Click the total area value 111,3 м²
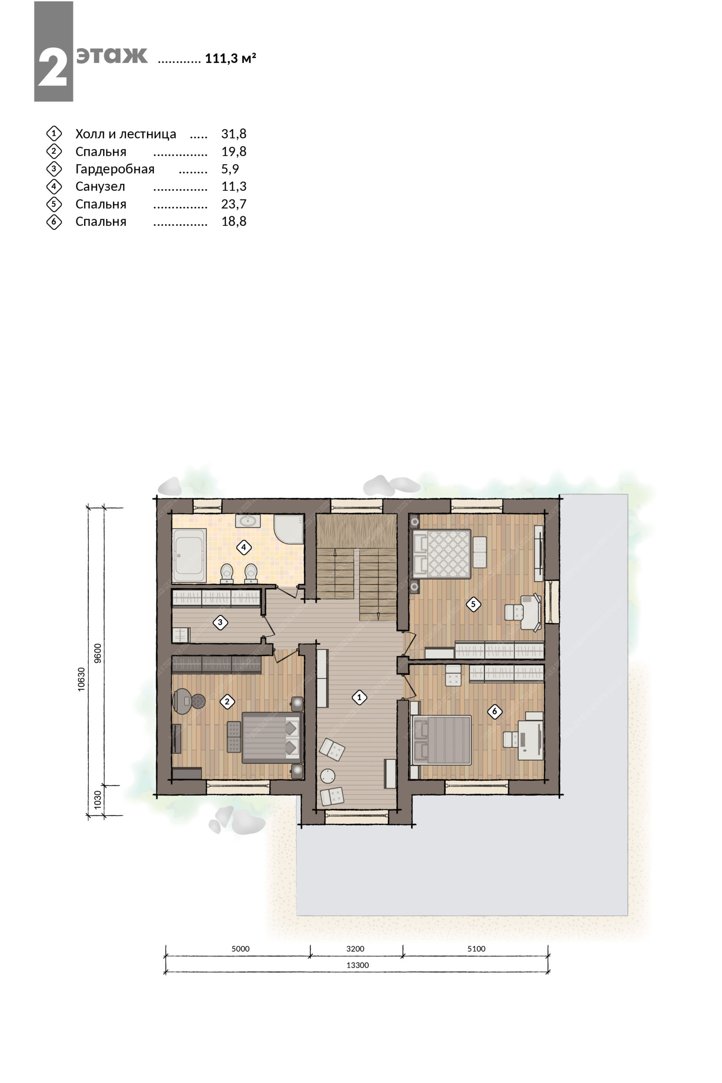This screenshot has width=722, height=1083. tap(230, 58)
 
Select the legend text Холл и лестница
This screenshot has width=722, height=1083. tap(126, 134)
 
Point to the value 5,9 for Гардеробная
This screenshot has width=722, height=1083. tap(230, 169)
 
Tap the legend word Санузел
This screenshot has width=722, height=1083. tap(100, 187)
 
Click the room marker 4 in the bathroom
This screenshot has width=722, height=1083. tap(243, 548)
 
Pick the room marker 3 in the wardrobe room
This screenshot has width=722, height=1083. tap(220, 623)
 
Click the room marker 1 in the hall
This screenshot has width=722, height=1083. tap(359, 698)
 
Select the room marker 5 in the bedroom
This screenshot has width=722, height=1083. tap(473, 604)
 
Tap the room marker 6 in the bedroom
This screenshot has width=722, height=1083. tap(495, 712)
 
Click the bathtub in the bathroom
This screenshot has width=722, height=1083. tap(189, 556)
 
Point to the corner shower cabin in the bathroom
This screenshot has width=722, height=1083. tap(289, 530)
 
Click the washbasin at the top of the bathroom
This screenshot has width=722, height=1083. tap(248, 521)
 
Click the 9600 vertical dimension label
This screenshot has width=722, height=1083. tap(97, 653)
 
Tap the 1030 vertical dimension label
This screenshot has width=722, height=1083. tap(97, 800)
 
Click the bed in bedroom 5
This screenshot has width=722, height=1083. tap(442, 553)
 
